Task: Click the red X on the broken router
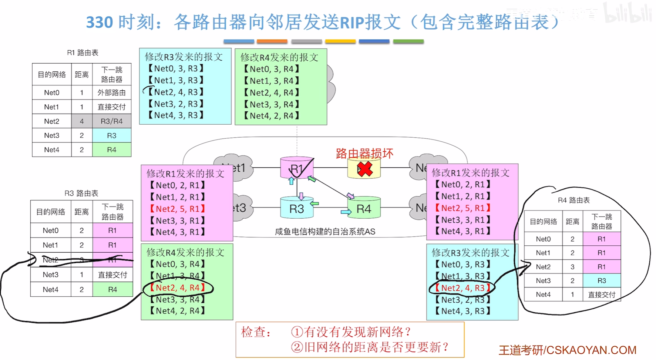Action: [x=365, y=169]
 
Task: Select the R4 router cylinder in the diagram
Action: [x=364, y=208]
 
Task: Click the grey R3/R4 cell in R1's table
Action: [x=112, y=121]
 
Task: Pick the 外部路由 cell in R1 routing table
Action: [x=112, y=92]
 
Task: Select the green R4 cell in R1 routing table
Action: [x=112, y=149]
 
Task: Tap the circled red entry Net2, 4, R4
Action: [x=177, y=287]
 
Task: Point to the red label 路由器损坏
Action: [x=364, y=153]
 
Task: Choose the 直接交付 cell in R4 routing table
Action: [x=602, y=295]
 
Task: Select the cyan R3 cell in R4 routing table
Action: [x=602, y=280]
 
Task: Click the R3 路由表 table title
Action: [x=81, y=193]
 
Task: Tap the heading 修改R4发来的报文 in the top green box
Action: [x=279, y=57]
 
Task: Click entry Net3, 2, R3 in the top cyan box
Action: [x=176, y=104]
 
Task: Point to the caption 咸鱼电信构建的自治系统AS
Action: [x=325, y=232]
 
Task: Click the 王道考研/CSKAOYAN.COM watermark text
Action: [x=567, y=350]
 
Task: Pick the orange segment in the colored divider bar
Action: [x=272, y=41]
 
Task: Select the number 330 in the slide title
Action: [x=100, y=22]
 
